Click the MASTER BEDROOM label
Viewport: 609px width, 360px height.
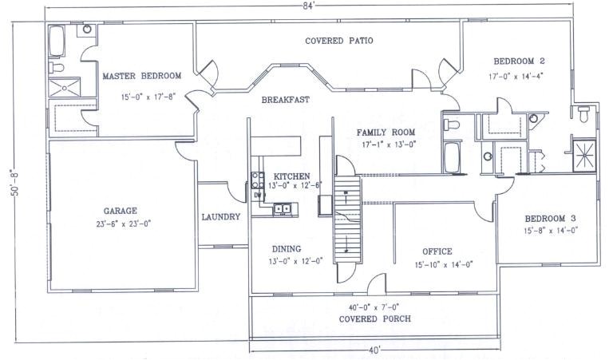141,76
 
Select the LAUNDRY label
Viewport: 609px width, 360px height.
220,216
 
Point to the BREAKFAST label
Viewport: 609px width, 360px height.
285,100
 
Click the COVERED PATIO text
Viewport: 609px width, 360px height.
339,40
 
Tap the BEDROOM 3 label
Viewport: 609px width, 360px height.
550,218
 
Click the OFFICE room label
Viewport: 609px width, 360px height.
437,251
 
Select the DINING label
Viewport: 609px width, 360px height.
285,248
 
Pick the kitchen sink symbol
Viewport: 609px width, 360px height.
283,209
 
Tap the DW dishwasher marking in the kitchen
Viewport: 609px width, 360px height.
258,195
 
